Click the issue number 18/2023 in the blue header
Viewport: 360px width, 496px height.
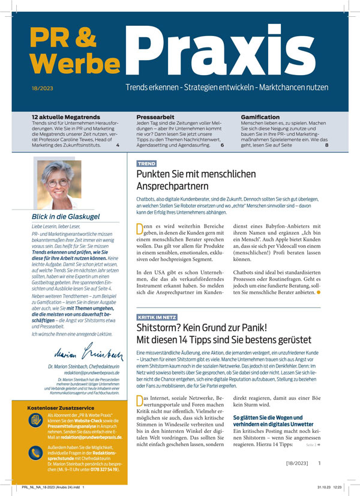(x=41, y=88)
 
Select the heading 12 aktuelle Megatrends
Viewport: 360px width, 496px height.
(x=66, y=117)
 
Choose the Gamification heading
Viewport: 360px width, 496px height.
(x=263, y=117)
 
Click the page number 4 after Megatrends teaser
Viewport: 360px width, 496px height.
(x=118, y=145)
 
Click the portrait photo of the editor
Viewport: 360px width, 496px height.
(x=59, y=184)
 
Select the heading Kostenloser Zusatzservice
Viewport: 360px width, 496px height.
(x=61, y=408)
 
